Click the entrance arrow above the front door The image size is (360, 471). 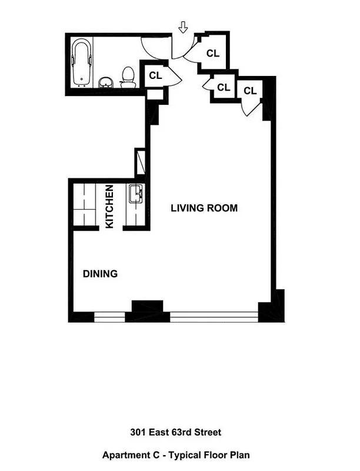183,26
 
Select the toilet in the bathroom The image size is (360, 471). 126,77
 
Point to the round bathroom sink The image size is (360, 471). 105,82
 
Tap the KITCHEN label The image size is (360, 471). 109,207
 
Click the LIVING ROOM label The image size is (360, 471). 204,208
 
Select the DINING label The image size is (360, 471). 100,274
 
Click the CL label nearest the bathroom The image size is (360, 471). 155,75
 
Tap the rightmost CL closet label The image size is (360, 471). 250,91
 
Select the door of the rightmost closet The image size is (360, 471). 250,108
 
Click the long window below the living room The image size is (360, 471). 214,318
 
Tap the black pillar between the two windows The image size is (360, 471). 147,311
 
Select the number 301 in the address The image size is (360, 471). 138,433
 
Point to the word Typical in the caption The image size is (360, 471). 197,455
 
